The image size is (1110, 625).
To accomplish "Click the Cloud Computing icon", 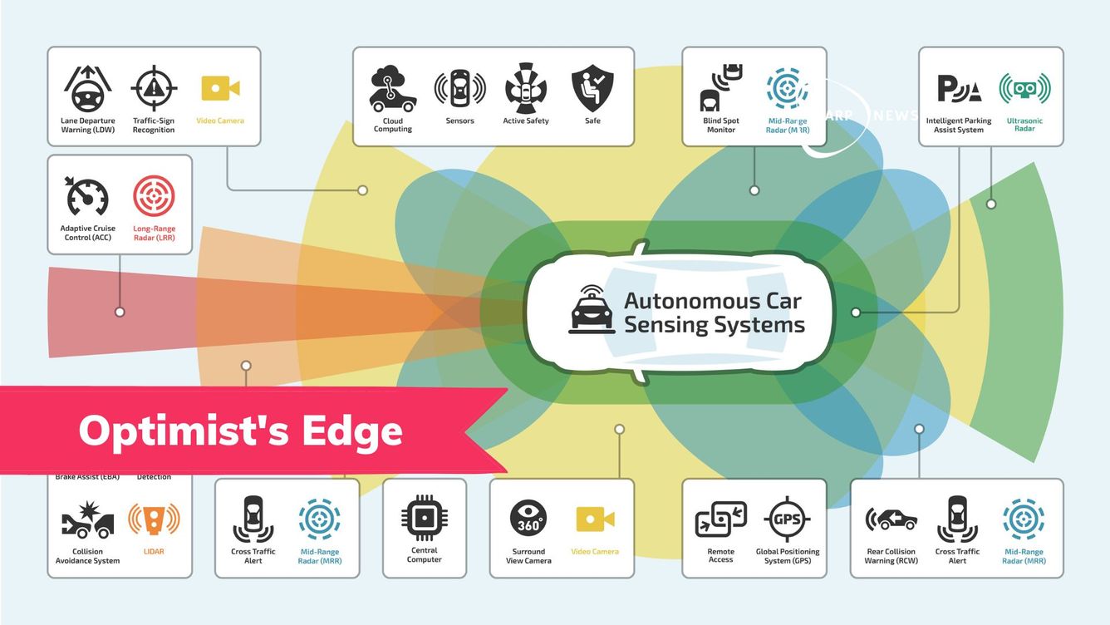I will point(393,89).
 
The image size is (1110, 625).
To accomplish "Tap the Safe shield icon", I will point(592,88).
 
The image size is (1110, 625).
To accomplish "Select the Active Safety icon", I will point(526,88).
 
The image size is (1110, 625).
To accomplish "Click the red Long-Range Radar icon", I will point(155,197).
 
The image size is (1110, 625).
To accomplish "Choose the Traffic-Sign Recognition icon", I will point(154,89).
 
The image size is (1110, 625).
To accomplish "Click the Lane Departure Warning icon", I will point(87,89).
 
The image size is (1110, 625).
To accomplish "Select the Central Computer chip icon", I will point(425,518).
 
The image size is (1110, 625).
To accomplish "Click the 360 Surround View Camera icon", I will point(528,519).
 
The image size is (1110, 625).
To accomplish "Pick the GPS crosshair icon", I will point(787,519).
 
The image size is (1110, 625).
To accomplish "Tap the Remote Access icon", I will point(720,519).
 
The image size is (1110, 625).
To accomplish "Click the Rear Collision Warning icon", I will point(891,519).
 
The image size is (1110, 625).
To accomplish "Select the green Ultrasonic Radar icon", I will point(1024,89).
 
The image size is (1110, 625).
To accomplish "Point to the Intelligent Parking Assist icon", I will point(959,88).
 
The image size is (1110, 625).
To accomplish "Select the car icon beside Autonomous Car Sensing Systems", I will point(592,310).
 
